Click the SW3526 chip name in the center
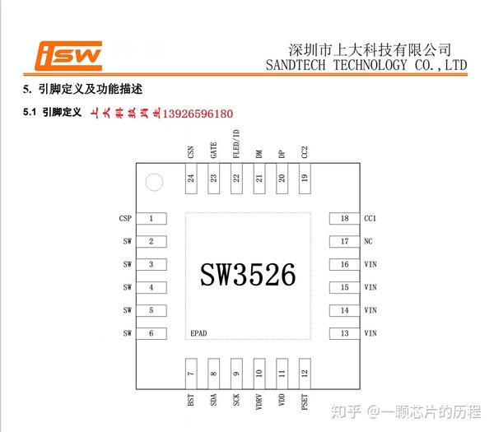(x=247, y=274)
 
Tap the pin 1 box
(x=151, y=219)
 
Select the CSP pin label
(x=125, y=219)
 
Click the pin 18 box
(x=344, y=219)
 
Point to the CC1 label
(x=370, y=219)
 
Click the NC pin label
(x=367, y=242)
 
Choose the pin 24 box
(x=191, y=179)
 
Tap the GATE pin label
(x=213, y=150)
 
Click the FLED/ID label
(x=236, y=144)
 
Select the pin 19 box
(x=305, y=179)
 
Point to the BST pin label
(x=191, y=402)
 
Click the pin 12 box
(x=305, y=374)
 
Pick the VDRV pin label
(x=259, y=403)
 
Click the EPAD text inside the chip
(x=198, y=333)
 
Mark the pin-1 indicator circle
(x=152, y=182)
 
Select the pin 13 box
(x=344, y=333)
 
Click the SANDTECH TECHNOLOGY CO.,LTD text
(x=361, y=65)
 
